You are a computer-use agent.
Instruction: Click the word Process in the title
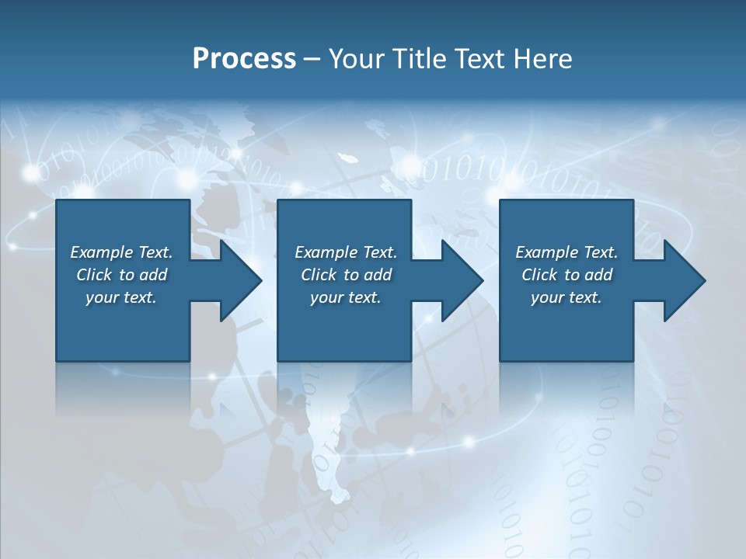coord(244,59)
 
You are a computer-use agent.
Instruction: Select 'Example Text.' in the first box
coord(121,252)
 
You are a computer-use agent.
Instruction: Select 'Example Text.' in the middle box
coord(346,252)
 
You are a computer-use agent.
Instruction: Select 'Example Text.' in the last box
coord(566,252)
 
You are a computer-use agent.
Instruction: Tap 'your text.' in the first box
coord(121,297)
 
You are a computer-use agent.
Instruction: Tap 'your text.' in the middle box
coord(346,297)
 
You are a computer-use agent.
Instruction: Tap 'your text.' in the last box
coord(566,297)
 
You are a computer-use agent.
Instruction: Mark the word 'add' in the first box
coord(154,275)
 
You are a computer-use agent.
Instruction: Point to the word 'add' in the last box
coord(599,275)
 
